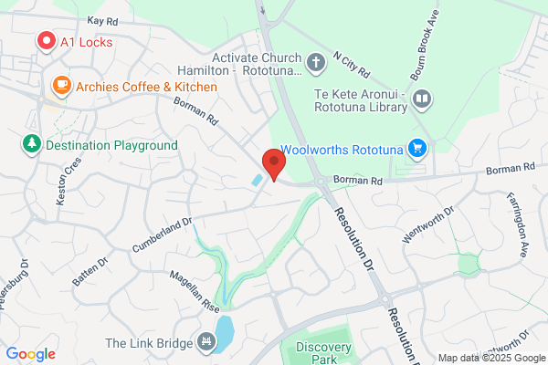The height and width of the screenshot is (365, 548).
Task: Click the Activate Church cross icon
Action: pos(316,63)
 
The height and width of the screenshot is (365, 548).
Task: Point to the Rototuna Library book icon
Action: pos(421,99)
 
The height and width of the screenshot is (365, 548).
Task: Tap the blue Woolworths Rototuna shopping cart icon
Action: pos(417,148)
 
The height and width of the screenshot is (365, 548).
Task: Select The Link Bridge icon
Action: pos(206,343)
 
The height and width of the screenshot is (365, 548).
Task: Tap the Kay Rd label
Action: pos(104,20)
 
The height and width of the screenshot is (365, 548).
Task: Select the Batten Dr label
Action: pos(90,273)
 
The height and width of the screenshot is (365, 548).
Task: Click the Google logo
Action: pos(30,354)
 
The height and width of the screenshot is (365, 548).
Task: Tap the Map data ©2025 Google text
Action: pos(490,358)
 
